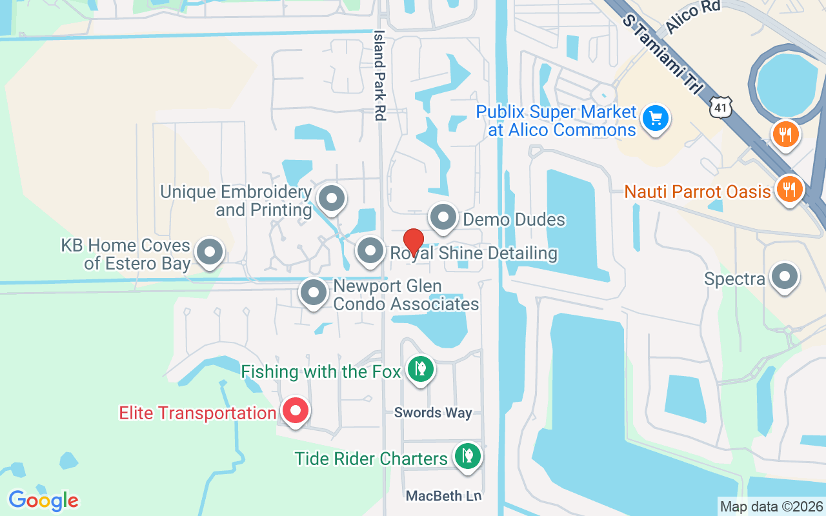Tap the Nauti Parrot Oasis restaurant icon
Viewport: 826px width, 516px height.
pos(789,190)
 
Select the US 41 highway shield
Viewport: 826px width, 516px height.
pos(720,108)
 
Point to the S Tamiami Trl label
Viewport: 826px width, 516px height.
pos(661,55)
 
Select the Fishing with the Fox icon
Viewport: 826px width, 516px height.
pos(421,370)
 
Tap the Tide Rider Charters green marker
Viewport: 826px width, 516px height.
pos(467,456)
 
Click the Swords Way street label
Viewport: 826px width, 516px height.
pos(433,413)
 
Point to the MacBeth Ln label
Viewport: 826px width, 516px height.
pos(444,496)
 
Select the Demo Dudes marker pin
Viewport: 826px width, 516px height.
pos(443,217)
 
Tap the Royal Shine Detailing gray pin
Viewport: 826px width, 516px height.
pos(370,251)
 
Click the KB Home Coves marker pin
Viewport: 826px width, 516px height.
pos(209,252)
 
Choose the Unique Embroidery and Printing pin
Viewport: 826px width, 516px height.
pos(332,198)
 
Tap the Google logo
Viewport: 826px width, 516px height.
pos(44,500)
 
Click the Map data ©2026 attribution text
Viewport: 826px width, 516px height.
pos(771,506)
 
